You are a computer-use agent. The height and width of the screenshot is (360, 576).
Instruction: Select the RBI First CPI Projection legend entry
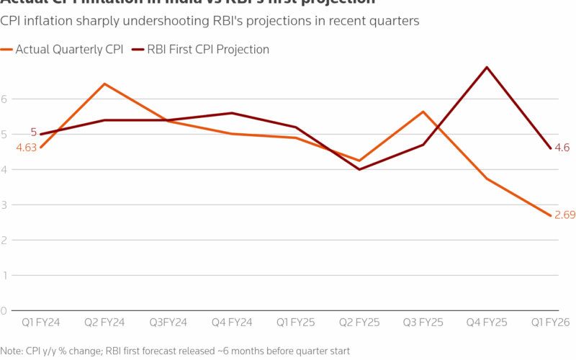207,50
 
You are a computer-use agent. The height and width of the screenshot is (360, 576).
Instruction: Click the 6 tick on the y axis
4,99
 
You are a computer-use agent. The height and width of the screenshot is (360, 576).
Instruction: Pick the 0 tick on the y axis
4,311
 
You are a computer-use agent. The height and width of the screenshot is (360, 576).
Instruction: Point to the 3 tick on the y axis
4,205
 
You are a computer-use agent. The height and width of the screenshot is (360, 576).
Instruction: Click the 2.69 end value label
564,215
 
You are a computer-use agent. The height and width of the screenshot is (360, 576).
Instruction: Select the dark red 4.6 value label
562,148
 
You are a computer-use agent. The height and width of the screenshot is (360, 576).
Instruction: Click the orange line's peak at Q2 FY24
104,84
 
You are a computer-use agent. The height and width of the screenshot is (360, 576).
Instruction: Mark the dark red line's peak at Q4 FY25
487,68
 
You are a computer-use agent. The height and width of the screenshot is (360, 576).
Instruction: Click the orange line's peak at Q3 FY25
423,112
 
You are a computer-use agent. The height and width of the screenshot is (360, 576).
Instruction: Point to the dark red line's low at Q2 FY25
359,169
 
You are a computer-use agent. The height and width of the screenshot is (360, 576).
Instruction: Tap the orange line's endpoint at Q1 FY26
551,215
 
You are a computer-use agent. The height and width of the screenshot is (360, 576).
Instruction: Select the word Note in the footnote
11,351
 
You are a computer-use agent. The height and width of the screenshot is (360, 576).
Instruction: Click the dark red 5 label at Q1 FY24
33,132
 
